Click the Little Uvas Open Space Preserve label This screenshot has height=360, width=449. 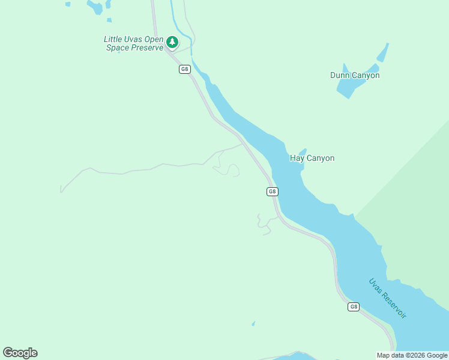pyautogui.click(x=133, y=43)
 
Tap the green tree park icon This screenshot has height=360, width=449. pyautogui.click(x=172, y=42)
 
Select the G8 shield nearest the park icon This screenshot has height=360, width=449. pyautogui.click(x=184, y=69)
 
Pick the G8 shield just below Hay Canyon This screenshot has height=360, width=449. pyautogui.click(x=272, y=191)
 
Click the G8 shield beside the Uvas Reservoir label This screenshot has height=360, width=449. pyautogui.click(x=354, y=307)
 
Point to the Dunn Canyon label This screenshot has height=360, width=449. pyautogui.click(x=355, y=76)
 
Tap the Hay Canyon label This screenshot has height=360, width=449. pyautogui.click(x=312, y=158)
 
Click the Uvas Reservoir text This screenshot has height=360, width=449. pyautogui.click(x=387, y=298)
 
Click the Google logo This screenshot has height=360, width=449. pyautogui.click(x=20, y=353)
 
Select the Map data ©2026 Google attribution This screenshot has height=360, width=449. pyautogui.click(x=412, y=355)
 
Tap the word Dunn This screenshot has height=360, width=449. pyautogui.click(x=341, y=76)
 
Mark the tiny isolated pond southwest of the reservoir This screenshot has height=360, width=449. pyautogui.click(x=253, y=323)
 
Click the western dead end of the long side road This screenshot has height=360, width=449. pyautogui.click(x=61, y=191)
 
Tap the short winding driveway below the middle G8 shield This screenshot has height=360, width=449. pyautogui.click(x=262, y=224)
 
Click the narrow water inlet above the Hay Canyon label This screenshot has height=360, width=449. pyautogui.click(x=302, y=151)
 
